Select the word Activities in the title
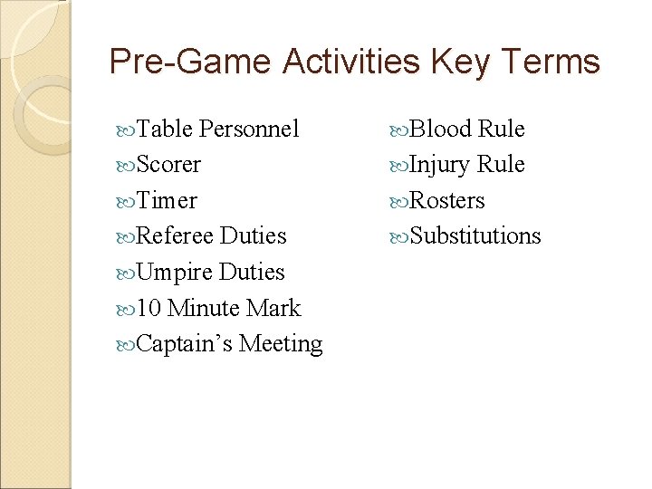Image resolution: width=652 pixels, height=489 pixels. point(350,62)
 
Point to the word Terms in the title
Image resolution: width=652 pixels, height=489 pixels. point(550,62)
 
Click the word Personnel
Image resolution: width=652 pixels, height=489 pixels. point(248,129)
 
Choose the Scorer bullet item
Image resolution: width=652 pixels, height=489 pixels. point(168,165)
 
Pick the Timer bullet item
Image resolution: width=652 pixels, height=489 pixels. point(167,201)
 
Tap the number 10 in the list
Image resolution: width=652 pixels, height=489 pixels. point(150,309)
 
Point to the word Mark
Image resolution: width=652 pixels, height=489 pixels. point(273,309)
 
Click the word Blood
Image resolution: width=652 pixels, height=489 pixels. point(440,129)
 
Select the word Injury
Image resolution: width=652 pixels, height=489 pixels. point(440,165)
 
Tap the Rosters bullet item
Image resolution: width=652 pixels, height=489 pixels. point(447,201)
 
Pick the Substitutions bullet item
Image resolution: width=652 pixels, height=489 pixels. point(475,236)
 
